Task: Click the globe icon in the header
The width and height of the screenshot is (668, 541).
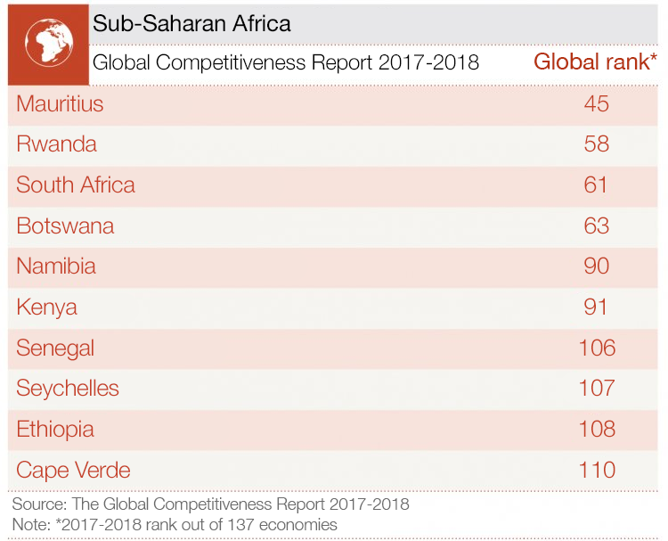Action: pos(46,43)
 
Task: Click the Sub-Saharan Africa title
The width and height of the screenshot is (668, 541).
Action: pos(191,23)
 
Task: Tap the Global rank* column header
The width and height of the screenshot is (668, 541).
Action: pos(595,61)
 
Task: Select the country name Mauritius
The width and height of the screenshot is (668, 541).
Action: pos(60,103)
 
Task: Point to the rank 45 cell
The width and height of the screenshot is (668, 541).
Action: pos(596,103)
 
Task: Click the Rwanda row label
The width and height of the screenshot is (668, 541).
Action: pos(56,144)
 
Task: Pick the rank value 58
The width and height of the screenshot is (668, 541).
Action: pos(596,144)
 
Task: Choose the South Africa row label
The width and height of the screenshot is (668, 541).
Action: pos(76,184)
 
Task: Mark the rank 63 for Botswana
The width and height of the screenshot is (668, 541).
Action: pos(596,225)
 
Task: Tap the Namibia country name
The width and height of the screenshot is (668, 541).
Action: pos(56,266)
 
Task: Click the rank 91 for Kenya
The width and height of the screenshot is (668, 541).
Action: pos(596,307)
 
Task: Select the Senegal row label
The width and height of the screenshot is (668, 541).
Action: pos(55,348)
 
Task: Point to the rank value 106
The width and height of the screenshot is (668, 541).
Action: pos(596,348)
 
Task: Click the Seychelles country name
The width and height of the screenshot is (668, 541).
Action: pos(68,388)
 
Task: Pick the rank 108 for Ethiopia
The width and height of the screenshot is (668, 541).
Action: pos(596,429)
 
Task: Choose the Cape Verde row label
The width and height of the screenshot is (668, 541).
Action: pos(73,470)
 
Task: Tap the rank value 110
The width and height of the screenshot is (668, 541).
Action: pos(596,470)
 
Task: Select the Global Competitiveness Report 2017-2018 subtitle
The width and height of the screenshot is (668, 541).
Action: pos(285,62)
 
